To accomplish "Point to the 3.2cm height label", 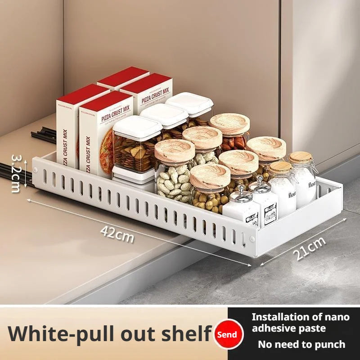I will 16,173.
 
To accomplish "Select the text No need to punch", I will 301,345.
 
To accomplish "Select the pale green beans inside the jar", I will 173,182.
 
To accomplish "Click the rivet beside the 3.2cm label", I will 35,170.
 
